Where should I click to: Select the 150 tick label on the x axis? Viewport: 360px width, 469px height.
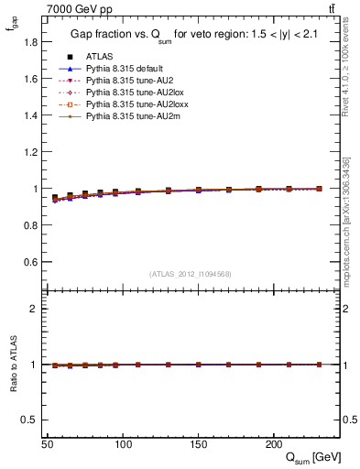(198, 444)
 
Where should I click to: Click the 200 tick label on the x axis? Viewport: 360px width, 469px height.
(273, 444)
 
